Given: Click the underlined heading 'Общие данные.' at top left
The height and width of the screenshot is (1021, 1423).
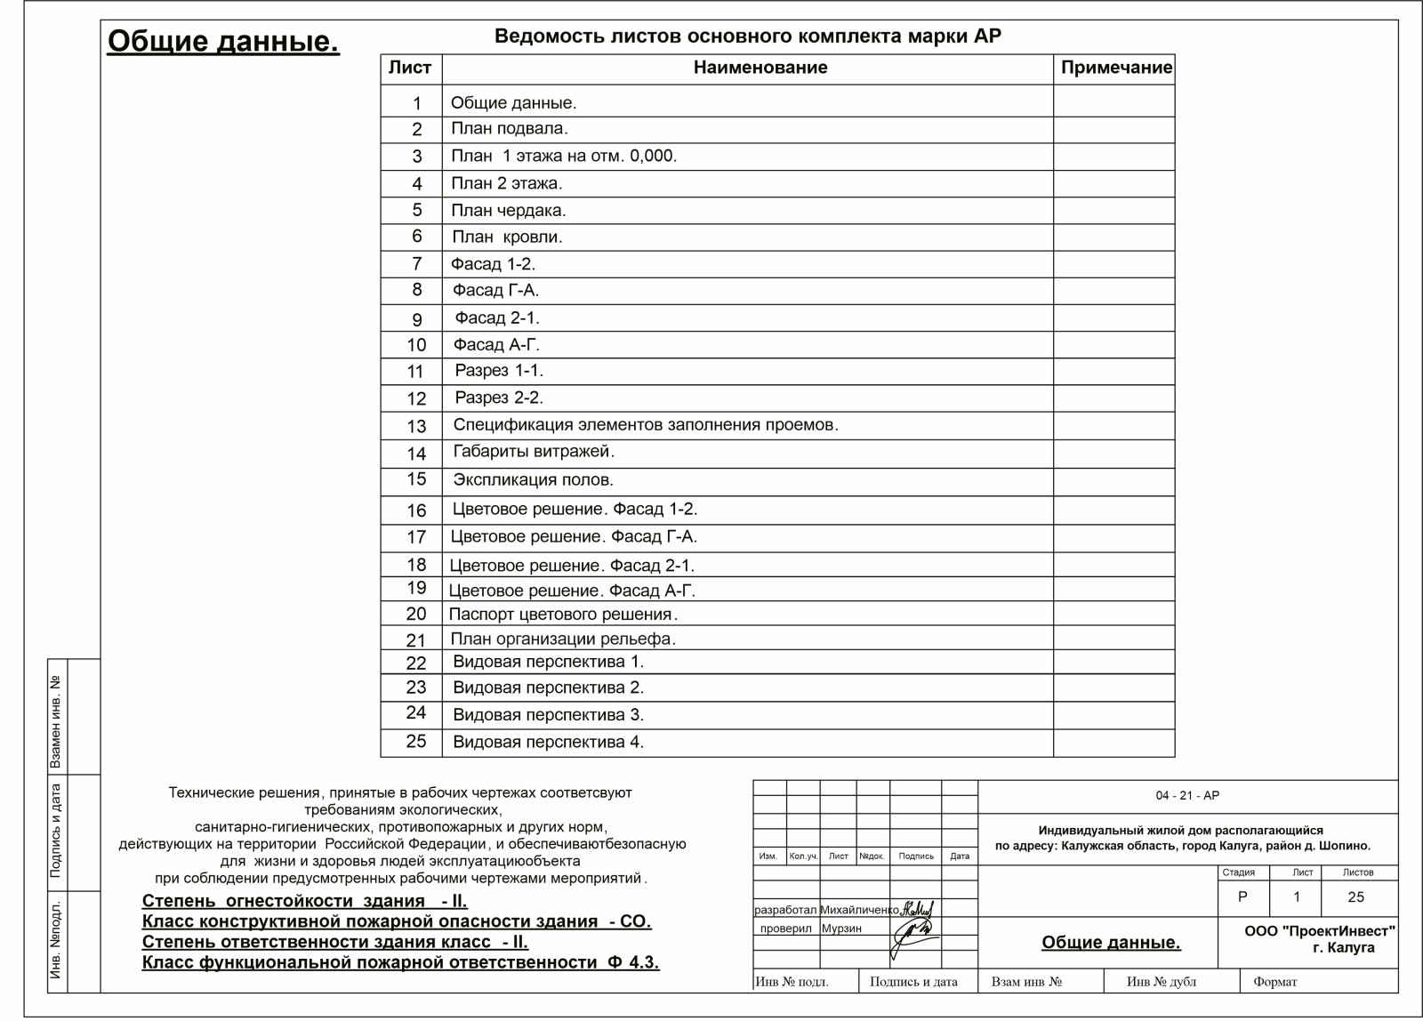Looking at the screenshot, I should [223, 41].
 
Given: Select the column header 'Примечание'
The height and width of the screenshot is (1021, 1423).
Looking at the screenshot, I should [1116, 68].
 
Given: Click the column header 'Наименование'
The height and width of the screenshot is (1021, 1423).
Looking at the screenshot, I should [760, 68].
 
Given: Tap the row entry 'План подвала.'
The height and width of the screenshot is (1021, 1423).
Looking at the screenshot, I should [509, 129].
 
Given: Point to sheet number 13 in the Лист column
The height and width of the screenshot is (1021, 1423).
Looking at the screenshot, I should [416, 427].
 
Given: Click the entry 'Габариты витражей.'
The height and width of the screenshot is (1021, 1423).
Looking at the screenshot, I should [534, 452].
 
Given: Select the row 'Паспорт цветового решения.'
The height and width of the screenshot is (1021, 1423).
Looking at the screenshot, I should [563, 615].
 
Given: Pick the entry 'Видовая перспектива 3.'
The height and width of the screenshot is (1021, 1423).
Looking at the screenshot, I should [548, 715].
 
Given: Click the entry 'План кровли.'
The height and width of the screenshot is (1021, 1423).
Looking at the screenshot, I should [507, 237].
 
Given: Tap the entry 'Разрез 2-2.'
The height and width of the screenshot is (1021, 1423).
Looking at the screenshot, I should [499, 398].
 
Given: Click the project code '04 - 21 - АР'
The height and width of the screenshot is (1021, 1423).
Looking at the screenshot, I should [1187, 796].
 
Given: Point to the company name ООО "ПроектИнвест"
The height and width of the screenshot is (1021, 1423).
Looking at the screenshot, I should [1319, 931].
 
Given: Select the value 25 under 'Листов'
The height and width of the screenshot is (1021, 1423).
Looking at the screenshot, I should [1355, 897].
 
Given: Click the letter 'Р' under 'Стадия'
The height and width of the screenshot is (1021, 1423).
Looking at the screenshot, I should [1242, 897].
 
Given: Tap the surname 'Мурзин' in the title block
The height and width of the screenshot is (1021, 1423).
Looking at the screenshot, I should [841, 929].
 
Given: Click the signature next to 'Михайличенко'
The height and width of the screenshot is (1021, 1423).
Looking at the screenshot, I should [917, 909].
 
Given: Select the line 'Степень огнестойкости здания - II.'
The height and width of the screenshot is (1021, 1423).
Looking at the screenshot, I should [304, 901].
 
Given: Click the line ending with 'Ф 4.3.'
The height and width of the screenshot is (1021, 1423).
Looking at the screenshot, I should [400, 962].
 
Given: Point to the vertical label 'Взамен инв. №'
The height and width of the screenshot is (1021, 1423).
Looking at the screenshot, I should [56, 721].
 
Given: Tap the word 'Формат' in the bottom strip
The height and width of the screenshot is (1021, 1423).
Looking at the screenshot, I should [1274, 982].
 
